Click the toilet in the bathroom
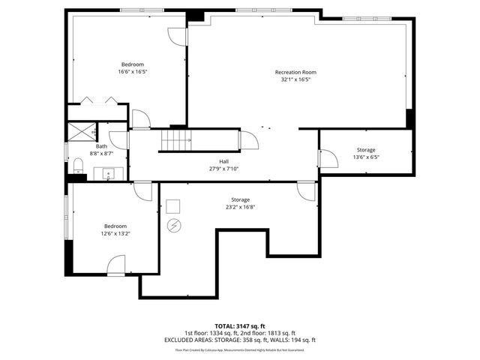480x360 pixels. pyautogui.click(x=78, y=165)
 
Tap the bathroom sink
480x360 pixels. pyautogui.click(x=109, y=175)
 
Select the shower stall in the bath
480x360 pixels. pyautogui.click(x=82, y=131)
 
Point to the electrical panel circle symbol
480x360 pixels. pyautogui.click(x=174, y=224)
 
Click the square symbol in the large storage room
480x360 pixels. pyautogui.click(x=173, y=205)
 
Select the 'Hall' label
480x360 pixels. pyautogui.click(x=223, y=161)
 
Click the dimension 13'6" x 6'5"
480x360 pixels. pyautogui.click(x=366, y=157)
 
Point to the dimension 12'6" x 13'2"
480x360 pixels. pyautogui.click(x=115, y=233)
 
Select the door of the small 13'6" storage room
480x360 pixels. pyautogui.click(x=328, y=158)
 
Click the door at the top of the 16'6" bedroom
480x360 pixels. pyautogui.click(x=175, y=36)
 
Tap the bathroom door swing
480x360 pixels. pyautogui.click(x=140, y=119)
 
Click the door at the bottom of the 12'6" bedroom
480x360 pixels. pyautogui.click(x=115, y=265)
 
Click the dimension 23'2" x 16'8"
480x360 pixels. pyautogui.click(x=240, y=207)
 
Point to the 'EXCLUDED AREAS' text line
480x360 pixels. pyautogui.click(x=240, y=340)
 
